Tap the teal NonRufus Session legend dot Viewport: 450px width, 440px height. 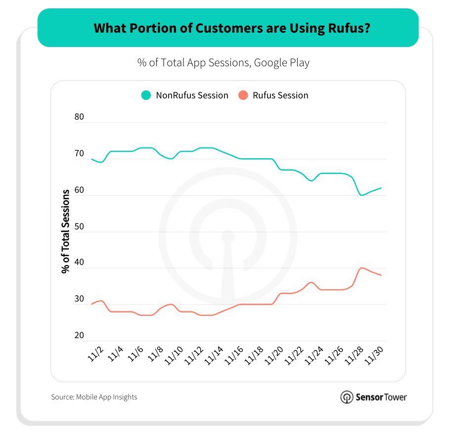click(x=146, y=95)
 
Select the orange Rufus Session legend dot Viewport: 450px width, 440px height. click(x=243, y=95)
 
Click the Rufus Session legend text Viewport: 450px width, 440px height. click(x=280, y=95)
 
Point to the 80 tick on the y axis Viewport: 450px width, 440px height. click(x=80, y=118)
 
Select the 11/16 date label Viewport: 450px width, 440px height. click(x=235, y=356)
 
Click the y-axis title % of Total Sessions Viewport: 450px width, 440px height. click(x=65, y=231)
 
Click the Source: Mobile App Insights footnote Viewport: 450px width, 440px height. click(x=94, y=397)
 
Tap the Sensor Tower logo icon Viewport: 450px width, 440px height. click(x=347, y=397)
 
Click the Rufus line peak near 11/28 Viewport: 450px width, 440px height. click(x=361, y=267)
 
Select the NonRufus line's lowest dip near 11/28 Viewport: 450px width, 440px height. click(x=361, y=195)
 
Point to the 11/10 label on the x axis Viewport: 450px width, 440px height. click(x=175, y=356)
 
